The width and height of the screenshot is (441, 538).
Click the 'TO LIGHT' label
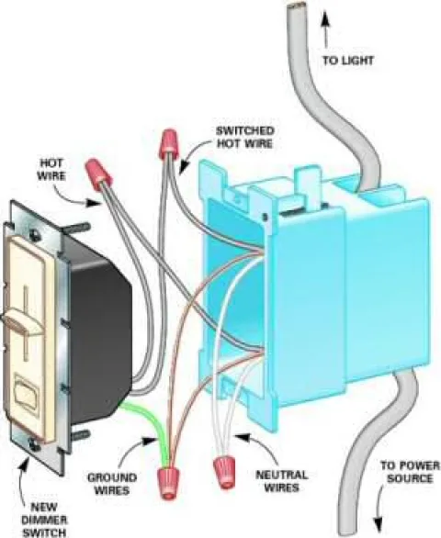tap(347, 61)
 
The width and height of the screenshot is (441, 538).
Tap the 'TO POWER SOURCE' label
tap(410, 472)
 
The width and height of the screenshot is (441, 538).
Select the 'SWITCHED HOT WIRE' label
tap(245, 137)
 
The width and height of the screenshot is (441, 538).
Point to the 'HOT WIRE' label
tap(51, 169)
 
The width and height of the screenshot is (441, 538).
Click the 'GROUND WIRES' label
tap(112, 484)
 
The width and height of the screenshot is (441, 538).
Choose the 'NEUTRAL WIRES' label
tap(282, 481)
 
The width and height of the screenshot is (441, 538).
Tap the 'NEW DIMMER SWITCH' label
tap(44, 520)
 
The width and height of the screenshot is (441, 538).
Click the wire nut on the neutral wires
tap(224, 472)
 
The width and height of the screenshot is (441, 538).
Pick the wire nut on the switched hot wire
tap(168, 143)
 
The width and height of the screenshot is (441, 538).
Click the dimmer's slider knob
tap(24, 321)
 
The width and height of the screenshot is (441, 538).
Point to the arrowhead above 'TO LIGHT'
tap(325, 22)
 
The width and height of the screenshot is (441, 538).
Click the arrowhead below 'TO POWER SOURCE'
tap(379, 525)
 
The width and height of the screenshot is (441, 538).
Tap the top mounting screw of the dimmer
tap(33, 234)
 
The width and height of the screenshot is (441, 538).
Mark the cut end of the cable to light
tap(297, 6)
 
